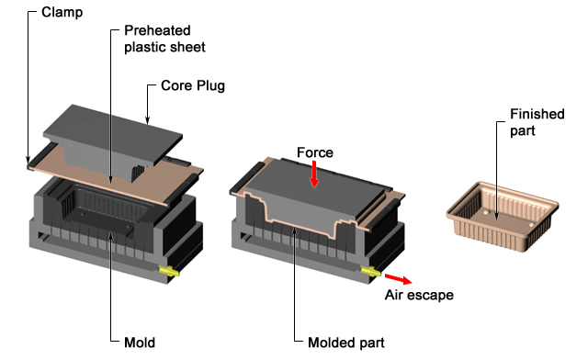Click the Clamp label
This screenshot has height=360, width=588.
point(62,12)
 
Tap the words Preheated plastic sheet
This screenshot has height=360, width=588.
point(164,39)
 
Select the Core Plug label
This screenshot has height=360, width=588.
point(193,85)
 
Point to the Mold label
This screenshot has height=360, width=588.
point(140,343)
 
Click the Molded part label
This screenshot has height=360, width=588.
point(346,343)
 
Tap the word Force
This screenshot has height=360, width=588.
point(315,152)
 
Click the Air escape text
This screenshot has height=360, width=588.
point(419,295)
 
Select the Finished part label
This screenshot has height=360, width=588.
point(537,122)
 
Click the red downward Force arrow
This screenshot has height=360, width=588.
point(314,174)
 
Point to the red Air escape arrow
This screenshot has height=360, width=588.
point(398,279)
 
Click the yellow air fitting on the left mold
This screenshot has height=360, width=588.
point(169,271)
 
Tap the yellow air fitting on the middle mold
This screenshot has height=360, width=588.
point(371,271)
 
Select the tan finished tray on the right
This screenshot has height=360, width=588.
point(503,217)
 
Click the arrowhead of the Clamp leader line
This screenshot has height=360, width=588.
point(28,160)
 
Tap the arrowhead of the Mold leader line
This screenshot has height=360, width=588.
point(110,235)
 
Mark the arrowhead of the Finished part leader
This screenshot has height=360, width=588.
point(497,217)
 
